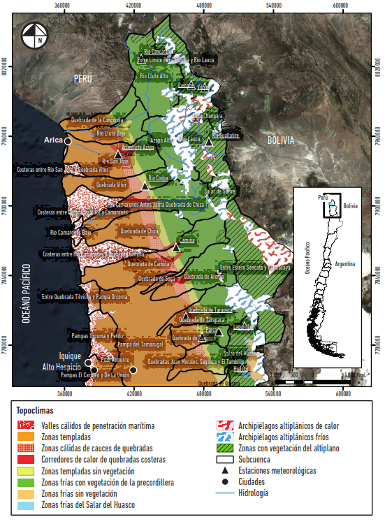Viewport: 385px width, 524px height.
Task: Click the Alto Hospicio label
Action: coord(61,367)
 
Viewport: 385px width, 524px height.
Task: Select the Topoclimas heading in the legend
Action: coord(36,412)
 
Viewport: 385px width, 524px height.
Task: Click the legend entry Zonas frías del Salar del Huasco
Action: coord(97,504)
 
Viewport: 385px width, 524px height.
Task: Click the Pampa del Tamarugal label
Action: coord(140,344)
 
